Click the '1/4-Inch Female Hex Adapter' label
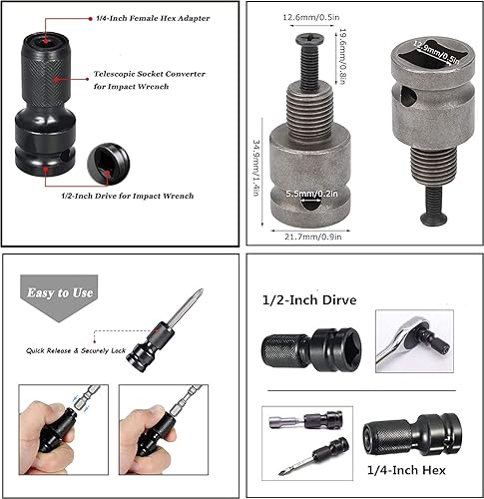coord(153,18)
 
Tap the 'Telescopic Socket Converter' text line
coord(150,74)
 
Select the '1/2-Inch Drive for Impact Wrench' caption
coord(128,196)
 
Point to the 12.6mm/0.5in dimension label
coord(311,17)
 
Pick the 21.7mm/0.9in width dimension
coord(313,237)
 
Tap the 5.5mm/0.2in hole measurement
coord(312,194)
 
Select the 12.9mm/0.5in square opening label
coord(436,52)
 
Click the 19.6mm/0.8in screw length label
coord(343,56)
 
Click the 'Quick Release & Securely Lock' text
coord(76,350)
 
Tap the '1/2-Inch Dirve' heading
coord(309,300)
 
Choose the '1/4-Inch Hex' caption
coord(406,470)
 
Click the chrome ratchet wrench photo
coord(414,341)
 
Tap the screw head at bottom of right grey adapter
coord(437,218)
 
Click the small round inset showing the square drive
coord(109,164)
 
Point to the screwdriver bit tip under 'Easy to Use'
coord(200,291)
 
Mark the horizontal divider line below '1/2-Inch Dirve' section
coord(361,390)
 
